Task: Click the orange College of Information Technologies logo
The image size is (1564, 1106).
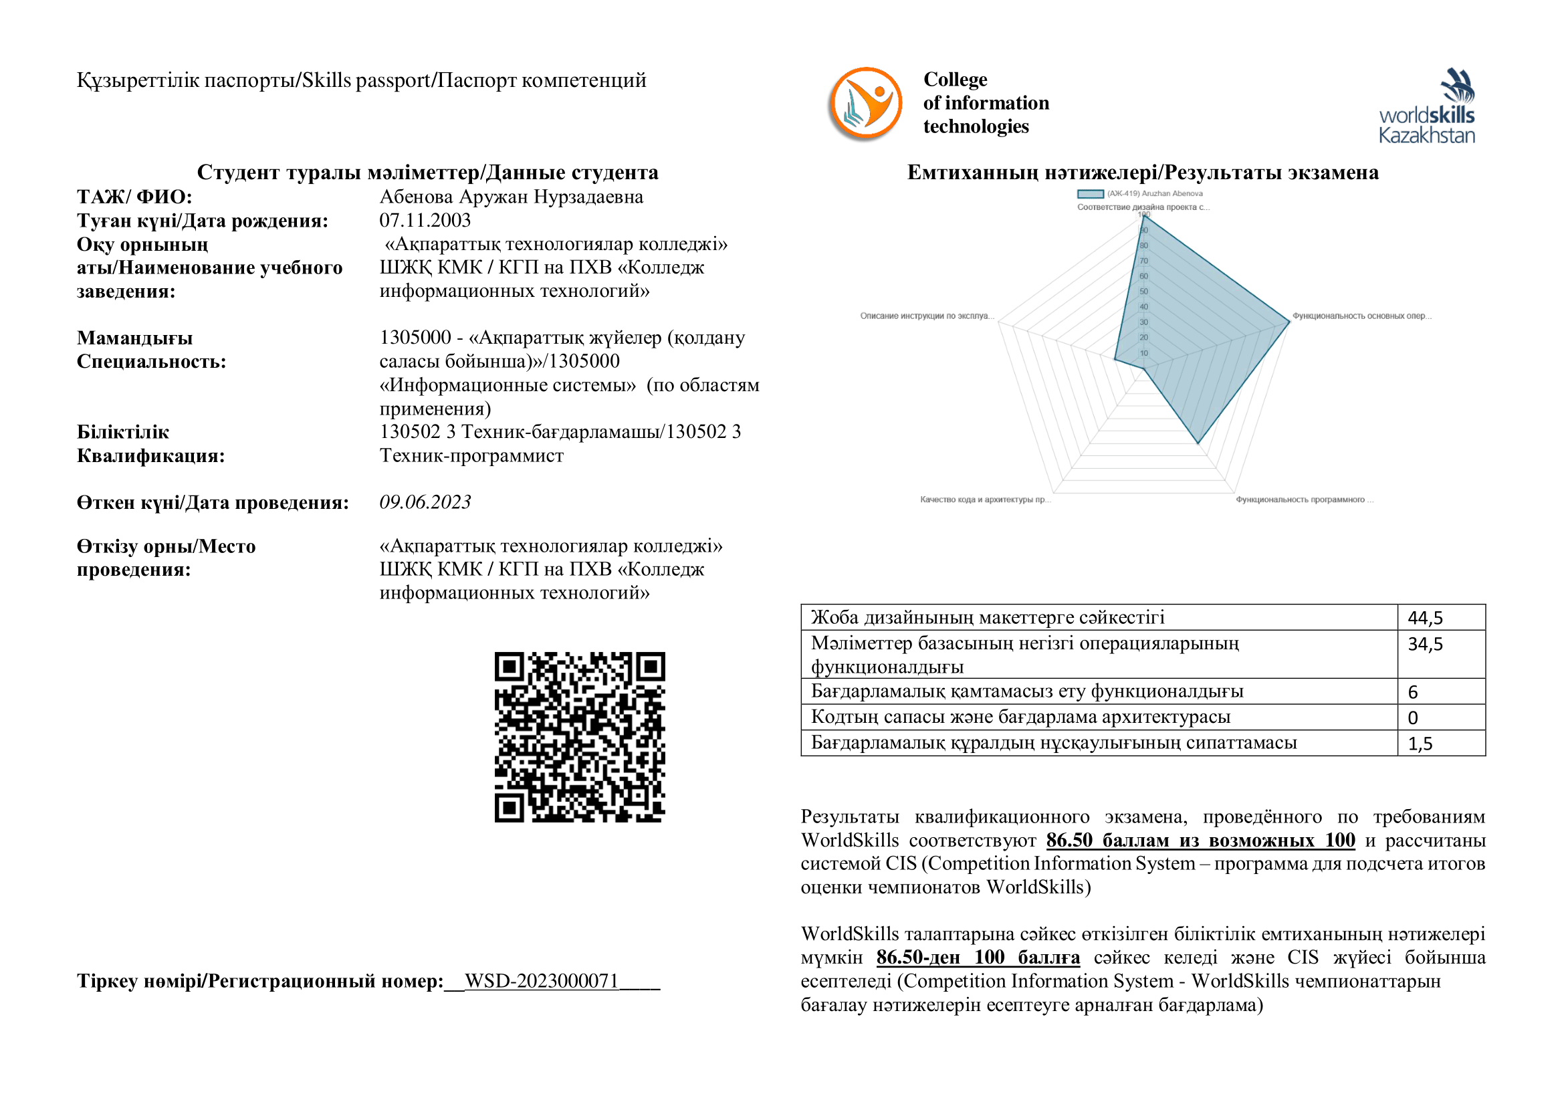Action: pos(865,104)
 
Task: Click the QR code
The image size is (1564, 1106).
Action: pos(580,737)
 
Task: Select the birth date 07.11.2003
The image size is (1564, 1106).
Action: pos(425,221)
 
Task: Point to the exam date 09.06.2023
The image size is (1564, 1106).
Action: pos(425,502)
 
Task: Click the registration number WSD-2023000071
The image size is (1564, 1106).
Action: pos(542,981)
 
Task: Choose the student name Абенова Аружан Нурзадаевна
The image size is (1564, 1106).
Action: pos(511,197)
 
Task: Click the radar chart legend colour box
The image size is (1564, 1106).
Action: pos(1090,194)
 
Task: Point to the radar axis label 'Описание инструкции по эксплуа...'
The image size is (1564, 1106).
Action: pos(926,316)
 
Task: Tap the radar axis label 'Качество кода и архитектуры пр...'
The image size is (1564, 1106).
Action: pos(985,500)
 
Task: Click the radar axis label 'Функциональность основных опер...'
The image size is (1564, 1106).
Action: pos(1361,316)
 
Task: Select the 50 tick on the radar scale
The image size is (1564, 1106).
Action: pos(1143,292)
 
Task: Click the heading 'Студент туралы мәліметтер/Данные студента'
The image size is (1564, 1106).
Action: pos(428,173)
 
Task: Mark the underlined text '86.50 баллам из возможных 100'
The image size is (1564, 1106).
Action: pos(1200,841)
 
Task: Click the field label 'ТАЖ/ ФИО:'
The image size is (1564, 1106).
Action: pos(134,197)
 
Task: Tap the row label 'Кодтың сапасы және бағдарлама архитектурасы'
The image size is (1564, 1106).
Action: pos(1020,717)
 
